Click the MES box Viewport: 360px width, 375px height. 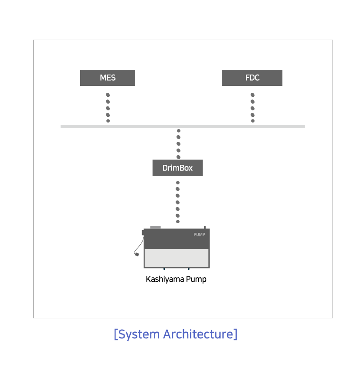click(x=108, y=78)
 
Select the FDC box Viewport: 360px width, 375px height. click(x=252, y=78)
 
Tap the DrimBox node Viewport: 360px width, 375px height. click(x=178, y=167)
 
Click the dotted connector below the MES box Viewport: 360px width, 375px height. click(x=108, y=108)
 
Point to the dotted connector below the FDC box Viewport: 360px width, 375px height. click(x=252, y=108)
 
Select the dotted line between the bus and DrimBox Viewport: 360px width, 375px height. click(x=179, y=144)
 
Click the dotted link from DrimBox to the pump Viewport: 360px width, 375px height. click(x=178, y=202)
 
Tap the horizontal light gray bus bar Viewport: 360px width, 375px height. click(x=183, y=126)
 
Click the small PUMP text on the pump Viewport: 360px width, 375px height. click(x=199, y=235)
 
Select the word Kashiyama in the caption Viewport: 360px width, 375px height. click(x=165, y=280)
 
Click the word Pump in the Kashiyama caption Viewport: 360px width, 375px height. click(x=196, y=280)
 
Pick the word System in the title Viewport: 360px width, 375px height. click(x=139, y=334)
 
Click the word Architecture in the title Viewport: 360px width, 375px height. click(x=198, y=334)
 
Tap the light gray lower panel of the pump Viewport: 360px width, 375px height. click(x=177, y=258)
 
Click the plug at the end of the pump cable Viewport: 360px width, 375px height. click(x=137, y=254)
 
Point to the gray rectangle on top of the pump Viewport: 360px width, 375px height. click(x=156, y=227)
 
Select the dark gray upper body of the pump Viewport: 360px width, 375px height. click(x=177, y=239)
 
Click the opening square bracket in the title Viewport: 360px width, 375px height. click(x=116, y=334)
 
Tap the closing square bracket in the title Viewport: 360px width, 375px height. click(x=235, y=334)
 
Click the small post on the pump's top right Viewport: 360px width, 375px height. click(x=205, y=227)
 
